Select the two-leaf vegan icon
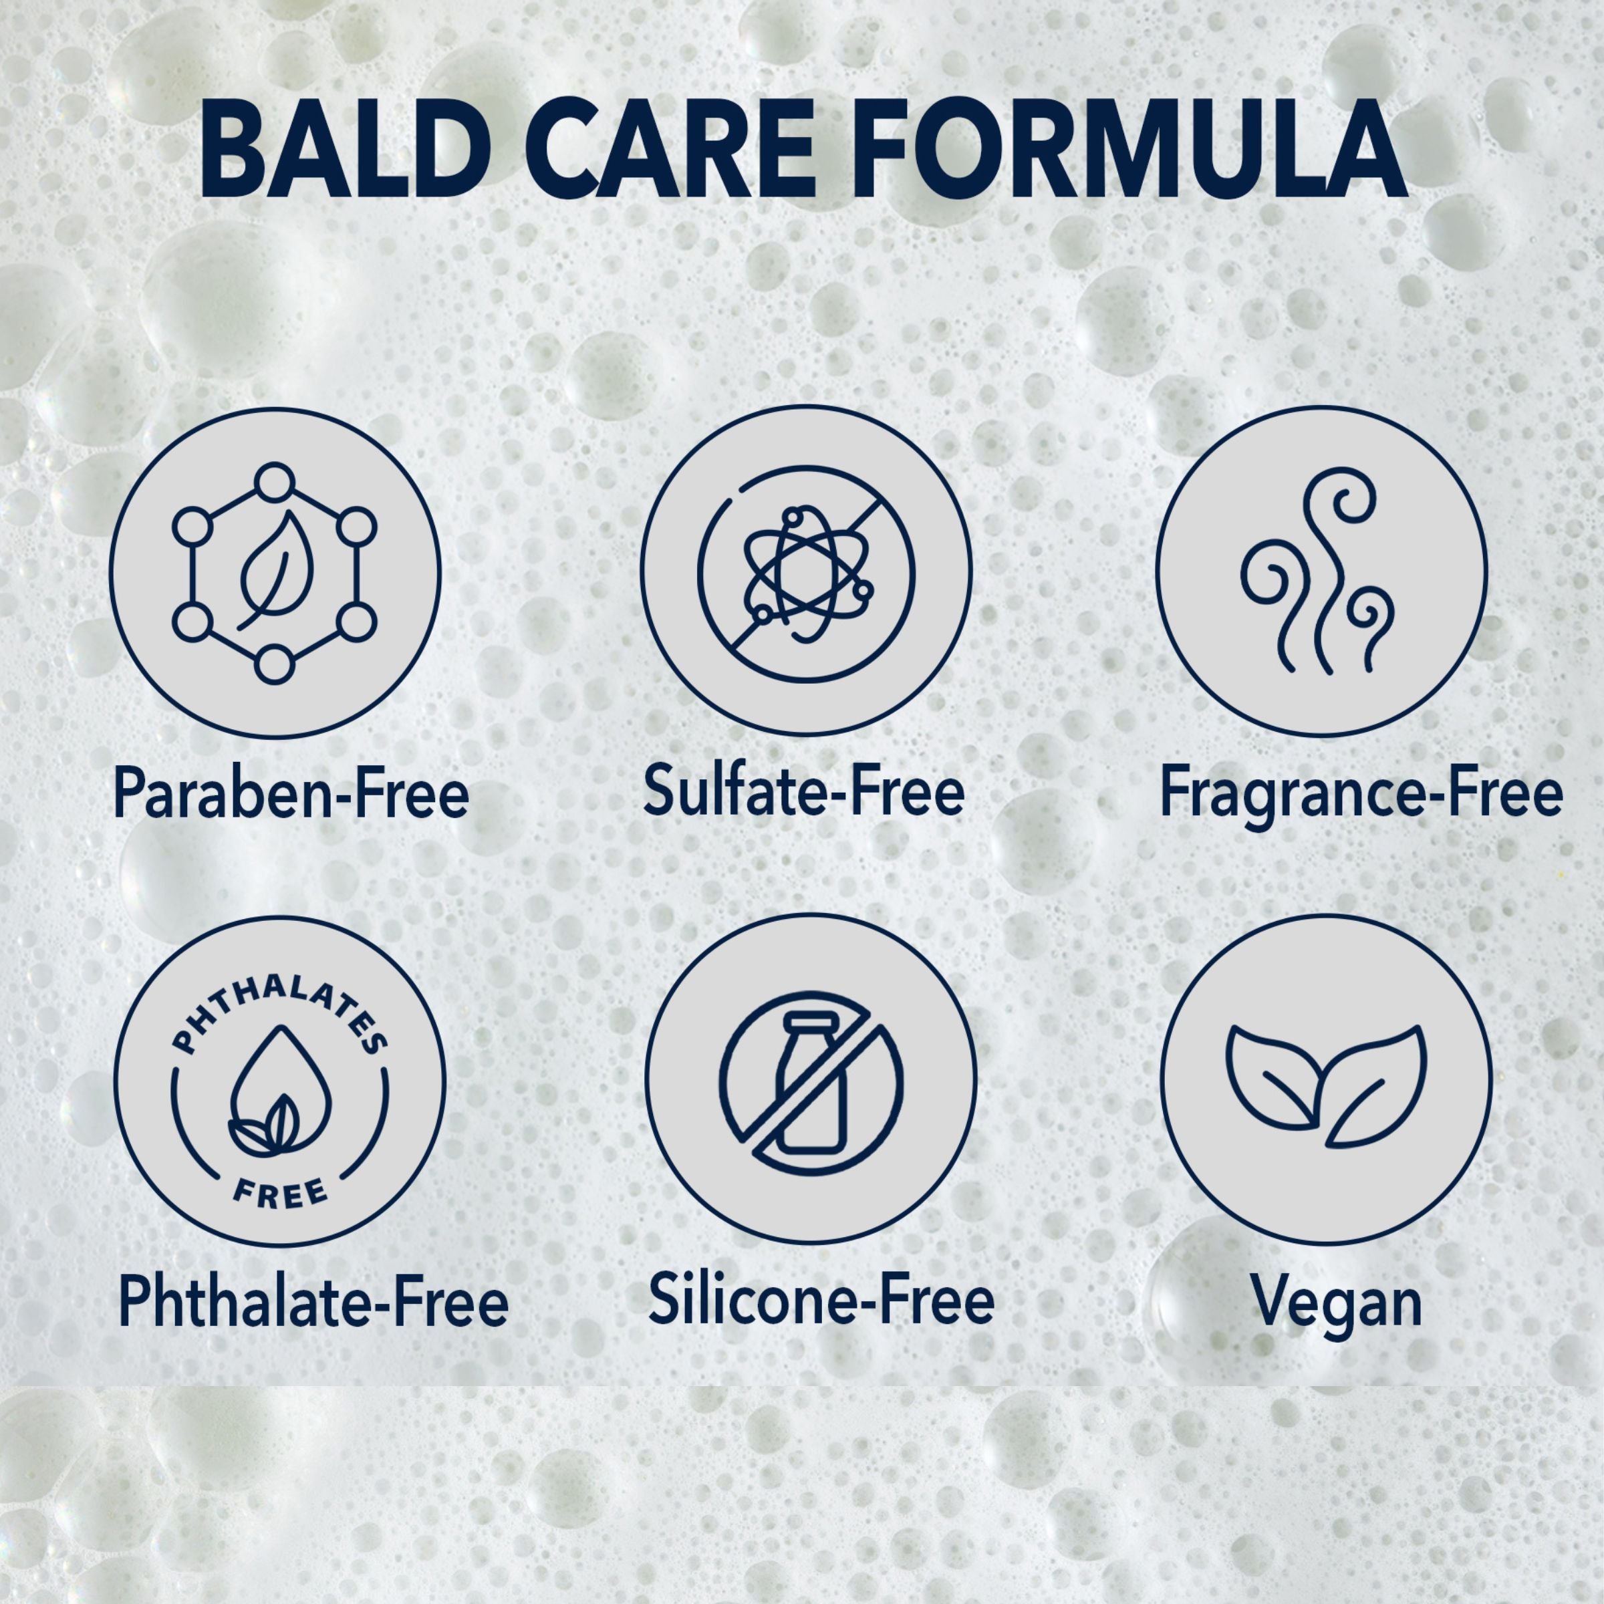click(x=1326, y=1086)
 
